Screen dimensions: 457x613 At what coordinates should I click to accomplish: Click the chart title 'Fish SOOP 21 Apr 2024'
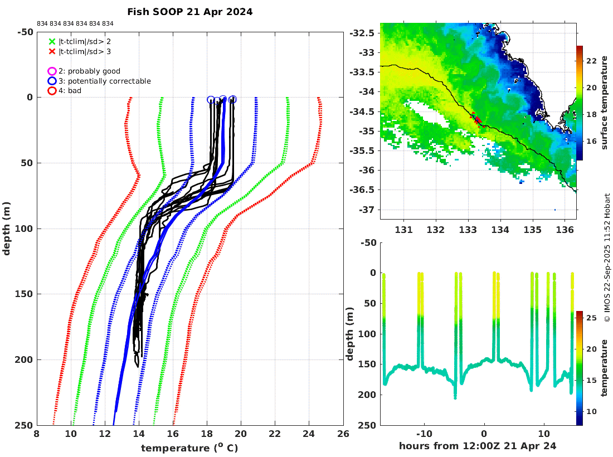[x=189, y=12]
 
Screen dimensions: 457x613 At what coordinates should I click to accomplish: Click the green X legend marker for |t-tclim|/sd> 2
[x=52, y=41]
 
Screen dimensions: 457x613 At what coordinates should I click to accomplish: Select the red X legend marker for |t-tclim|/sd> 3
[x=52, y=51]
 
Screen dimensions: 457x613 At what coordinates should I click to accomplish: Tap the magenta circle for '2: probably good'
[x=52, y=71]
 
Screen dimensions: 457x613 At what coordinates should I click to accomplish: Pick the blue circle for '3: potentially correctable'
[x=52, y=81]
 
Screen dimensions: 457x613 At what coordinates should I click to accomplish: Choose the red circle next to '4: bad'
[x=52, y=91]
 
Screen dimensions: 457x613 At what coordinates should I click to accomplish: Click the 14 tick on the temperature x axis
[x=139, y=435]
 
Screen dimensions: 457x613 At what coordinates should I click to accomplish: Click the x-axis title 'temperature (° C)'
[x=190, y=448]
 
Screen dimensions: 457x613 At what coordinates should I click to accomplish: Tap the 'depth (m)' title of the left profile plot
[x=7, y=229]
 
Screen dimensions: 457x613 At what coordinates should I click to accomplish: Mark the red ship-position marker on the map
[x=477, y=120]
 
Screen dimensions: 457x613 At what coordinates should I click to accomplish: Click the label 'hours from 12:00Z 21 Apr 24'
[x=478, y=446]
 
